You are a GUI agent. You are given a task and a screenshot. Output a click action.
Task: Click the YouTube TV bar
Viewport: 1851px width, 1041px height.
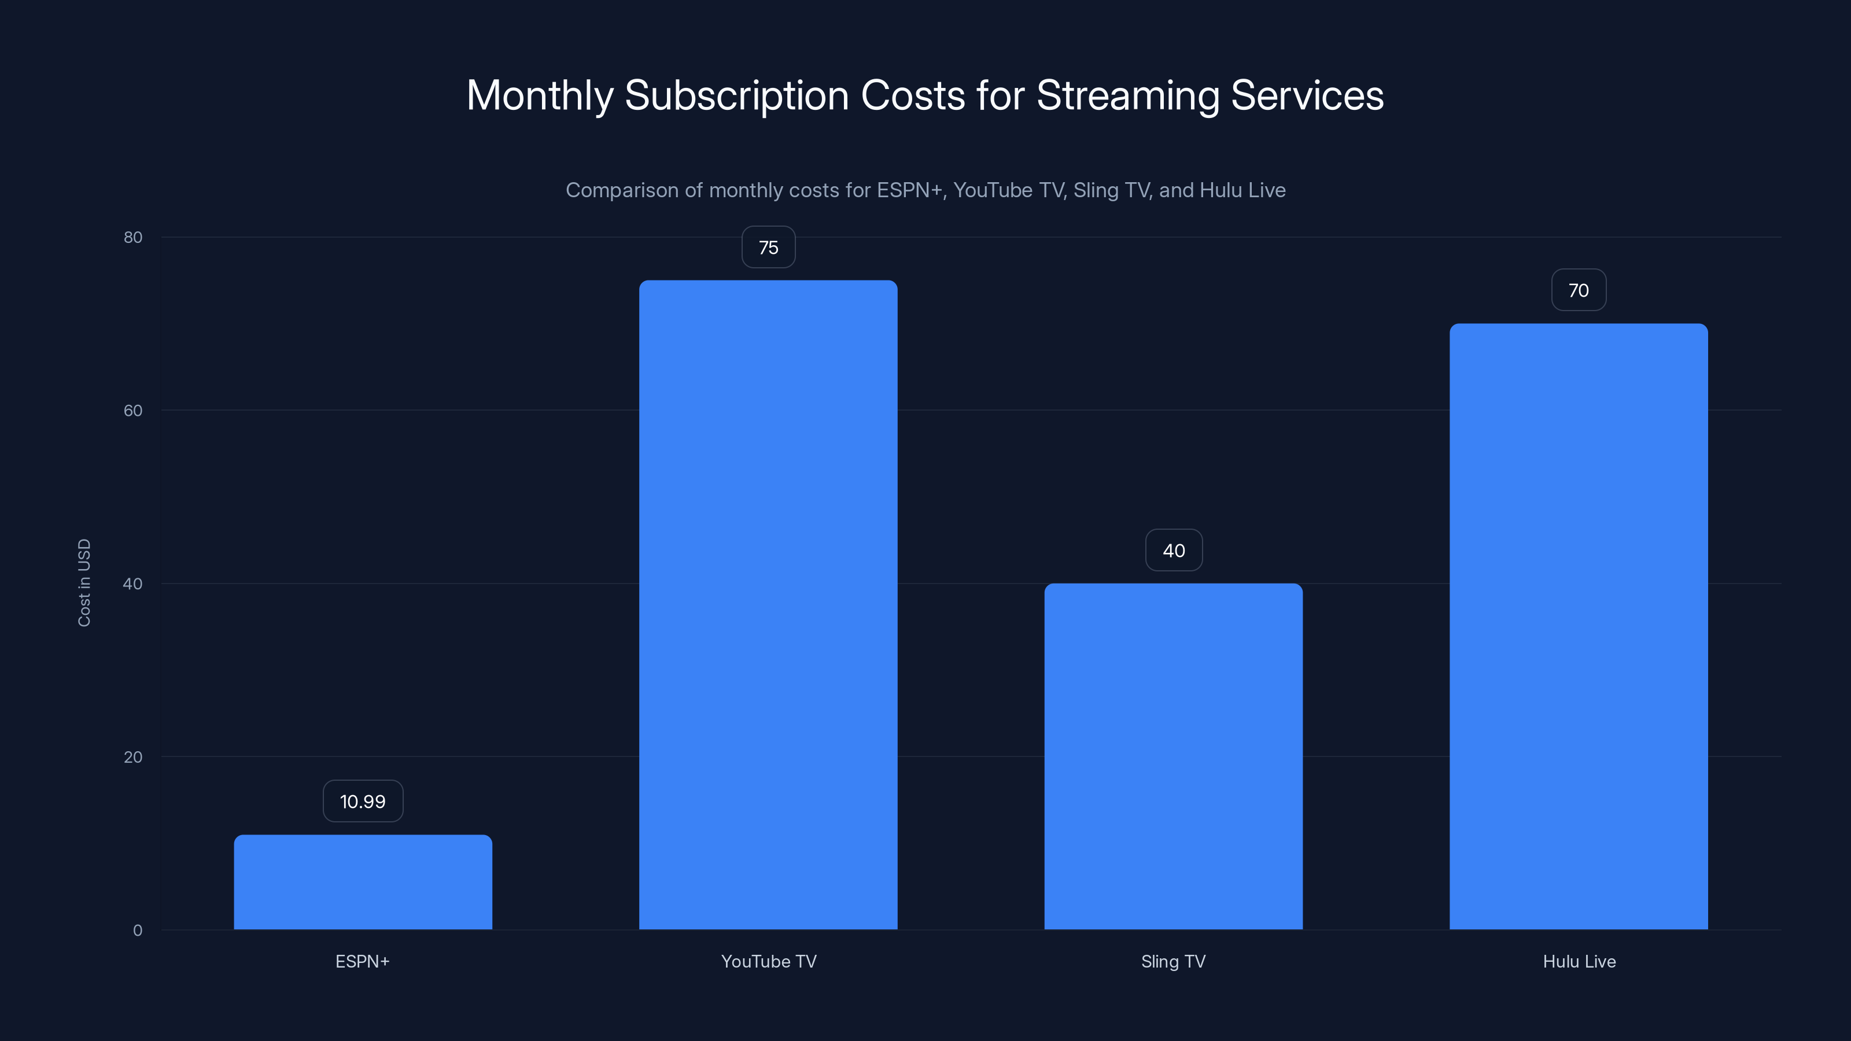(x=768, y=604)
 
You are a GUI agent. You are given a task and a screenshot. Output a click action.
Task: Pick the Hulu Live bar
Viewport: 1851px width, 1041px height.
(x=1578, y=626)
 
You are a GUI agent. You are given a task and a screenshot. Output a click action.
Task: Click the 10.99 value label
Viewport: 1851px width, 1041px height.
(x=363, y=801)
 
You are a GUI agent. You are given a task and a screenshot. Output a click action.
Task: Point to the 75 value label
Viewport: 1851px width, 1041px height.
(x=768, y=247)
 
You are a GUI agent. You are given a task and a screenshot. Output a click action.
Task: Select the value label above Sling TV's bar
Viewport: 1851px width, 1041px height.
(x=1174, y=551)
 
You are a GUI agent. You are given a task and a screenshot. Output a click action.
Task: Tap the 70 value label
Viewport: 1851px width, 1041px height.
(x=1578, y=290)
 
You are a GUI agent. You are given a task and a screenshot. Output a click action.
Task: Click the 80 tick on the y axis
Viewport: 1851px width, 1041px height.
(x=133, y=237)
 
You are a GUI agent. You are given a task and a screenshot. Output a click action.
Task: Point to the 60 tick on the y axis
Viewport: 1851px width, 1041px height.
(x=133, y=410)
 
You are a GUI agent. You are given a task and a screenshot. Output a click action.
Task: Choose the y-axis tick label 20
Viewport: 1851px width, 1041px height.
(x=133, y=756)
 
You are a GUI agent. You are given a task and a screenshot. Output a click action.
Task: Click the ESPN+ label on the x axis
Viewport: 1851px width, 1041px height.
(x=362, y=961)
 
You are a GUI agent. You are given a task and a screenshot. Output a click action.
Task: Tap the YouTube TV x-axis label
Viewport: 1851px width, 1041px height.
(x=768, y=961)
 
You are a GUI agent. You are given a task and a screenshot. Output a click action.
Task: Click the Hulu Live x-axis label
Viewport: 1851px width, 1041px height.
(x=1579, y=961)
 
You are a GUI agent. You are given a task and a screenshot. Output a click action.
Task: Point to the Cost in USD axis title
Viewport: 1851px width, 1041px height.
(x=84, y=582)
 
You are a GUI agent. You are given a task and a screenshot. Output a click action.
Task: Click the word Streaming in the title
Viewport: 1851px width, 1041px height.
(x=1127, y=95)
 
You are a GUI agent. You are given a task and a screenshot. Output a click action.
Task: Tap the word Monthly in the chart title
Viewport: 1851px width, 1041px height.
(x=540, y=95)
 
